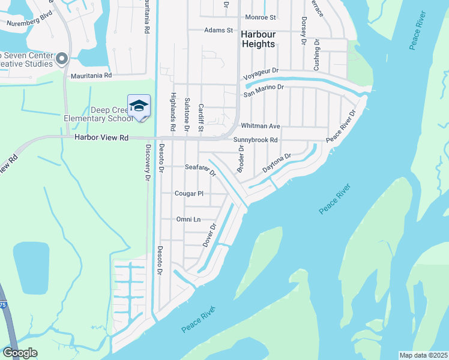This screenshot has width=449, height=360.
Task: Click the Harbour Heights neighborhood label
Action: [258, 39]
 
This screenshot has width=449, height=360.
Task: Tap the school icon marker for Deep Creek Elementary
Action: [139, 106]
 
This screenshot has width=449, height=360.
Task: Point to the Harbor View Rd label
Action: [101, 137]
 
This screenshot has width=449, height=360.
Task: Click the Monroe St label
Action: [260, 18]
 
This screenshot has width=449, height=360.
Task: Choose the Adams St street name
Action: [218, 30]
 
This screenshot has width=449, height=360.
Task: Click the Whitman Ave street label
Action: [261, 126]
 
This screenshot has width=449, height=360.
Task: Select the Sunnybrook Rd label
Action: [256, 140]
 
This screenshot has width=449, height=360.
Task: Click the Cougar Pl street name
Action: [189, 194]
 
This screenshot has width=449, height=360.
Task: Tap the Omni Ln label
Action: [187, 220]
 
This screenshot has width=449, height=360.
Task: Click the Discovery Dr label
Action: [147, 162]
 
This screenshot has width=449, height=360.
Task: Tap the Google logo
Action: [19, 353]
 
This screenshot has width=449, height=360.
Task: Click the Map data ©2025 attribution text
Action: [423, 355]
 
